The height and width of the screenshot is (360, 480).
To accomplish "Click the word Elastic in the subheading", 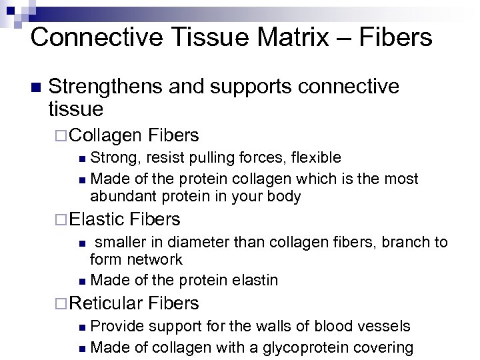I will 97,219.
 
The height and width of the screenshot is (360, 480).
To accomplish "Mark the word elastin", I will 254,281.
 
